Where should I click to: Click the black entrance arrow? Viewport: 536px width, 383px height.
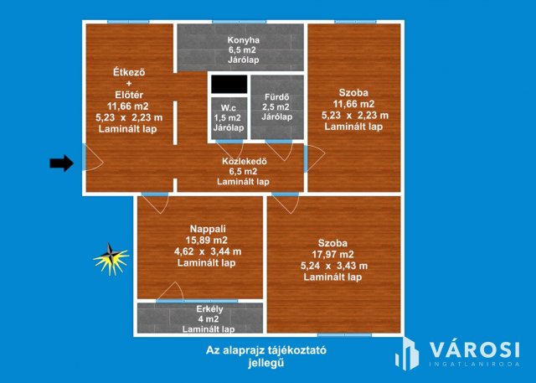61,163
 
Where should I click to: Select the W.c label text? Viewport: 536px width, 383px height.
229,107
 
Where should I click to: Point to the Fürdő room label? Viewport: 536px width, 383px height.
276,96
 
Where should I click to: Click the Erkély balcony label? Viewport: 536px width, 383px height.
201,308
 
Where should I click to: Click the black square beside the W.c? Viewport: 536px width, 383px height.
229,85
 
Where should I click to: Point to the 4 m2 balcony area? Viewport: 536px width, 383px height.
201,318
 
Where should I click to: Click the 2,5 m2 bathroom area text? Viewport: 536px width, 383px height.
276,106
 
